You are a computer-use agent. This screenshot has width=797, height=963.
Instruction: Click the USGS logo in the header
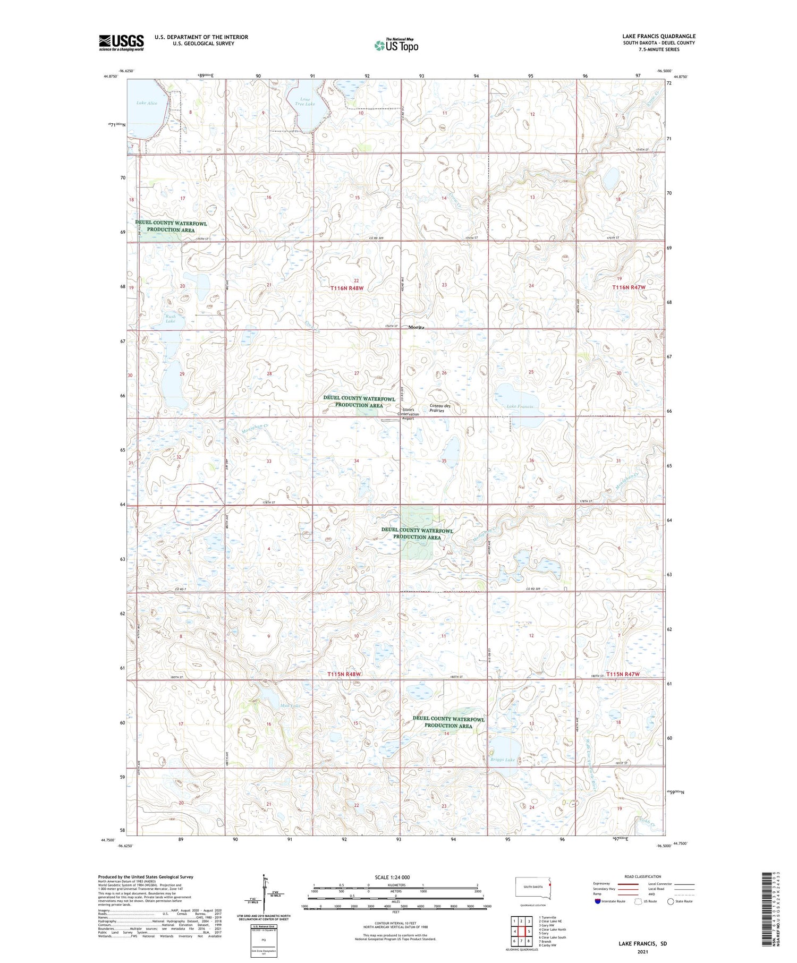pos(121,42)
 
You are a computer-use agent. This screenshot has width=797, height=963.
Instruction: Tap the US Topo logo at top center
pos(396,46)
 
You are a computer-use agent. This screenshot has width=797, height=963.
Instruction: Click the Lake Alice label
pos(147,103)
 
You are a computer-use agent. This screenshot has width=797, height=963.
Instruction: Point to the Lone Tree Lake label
pos(305,101)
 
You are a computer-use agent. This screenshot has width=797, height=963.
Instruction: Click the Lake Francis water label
pos(519,406)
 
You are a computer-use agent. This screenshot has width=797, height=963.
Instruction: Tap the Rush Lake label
pos(170,319)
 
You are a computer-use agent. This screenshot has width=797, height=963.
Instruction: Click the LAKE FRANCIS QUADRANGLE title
pos(659,36)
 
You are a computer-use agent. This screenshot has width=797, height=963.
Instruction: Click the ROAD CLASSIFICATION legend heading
pos(643,876)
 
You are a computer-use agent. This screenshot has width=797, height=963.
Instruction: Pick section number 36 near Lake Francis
pos(531,461)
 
